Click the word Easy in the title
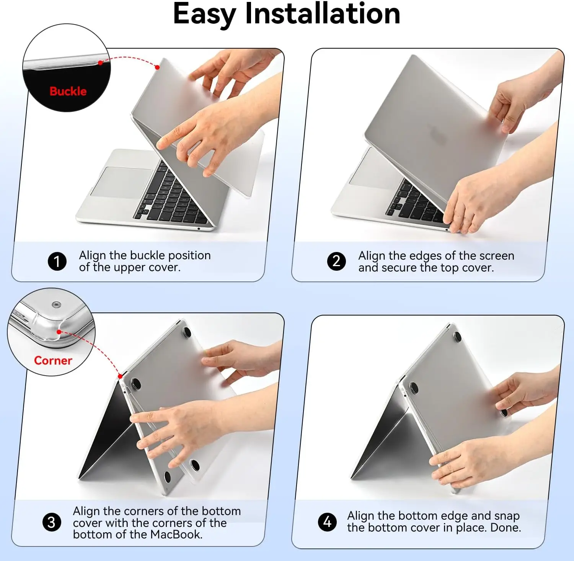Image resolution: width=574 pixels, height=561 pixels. point(204,15)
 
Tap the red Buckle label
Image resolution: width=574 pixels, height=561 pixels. point(68,91)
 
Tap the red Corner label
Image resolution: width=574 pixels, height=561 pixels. point(53,360)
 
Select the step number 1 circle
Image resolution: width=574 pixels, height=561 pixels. point(57,261)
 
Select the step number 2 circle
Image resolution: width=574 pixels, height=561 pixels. point(336,261)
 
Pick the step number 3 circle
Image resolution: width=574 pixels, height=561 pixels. point(51,522)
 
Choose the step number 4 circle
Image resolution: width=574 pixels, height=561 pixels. point(327,522)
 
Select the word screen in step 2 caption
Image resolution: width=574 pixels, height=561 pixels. point(497,256)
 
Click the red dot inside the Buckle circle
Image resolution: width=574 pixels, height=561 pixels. point(100,63)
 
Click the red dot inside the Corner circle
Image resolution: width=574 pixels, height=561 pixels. point(59,332)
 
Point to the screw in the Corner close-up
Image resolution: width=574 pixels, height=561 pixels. point(57,305)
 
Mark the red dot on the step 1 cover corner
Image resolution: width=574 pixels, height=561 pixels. point(157,67)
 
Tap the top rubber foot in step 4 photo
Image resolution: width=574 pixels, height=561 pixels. point(457,336)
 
